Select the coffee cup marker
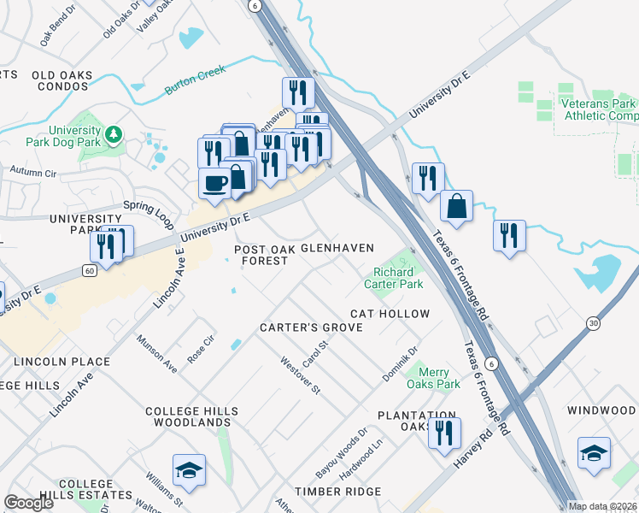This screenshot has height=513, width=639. (x=214, y=182)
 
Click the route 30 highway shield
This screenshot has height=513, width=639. (x=592, y=322)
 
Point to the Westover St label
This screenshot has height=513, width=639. (x=300, y=375)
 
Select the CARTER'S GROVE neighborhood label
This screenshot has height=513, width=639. (x=306, y=327)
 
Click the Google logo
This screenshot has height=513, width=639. (x=28, y=503)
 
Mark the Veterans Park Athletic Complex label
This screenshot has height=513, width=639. (x=599, y=109)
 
